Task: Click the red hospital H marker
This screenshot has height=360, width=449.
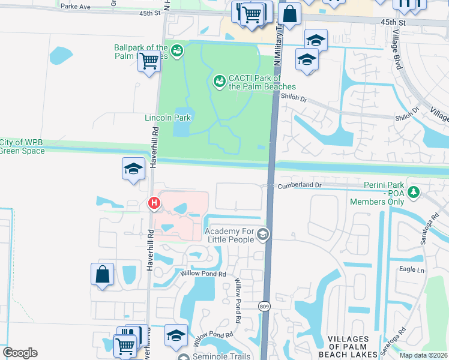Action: [154, 204]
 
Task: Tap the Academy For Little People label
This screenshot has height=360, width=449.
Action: [230, 236]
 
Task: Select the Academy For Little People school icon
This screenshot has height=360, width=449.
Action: [262, 235]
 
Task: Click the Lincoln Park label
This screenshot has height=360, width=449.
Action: [168, 118]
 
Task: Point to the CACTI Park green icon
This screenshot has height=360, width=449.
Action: [219, 80]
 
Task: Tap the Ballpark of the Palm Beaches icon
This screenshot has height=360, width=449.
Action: [176, 50]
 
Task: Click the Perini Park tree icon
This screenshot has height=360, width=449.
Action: [413, 192]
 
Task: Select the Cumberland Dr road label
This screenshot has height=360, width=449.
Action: [299, 186]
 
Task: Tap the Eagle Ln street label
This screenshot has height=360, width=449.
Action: [412, 270]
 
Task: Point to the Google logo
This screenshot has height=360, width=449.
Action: [20, 353]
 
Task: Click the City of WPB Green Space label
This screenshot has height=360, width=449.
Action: [22, 146]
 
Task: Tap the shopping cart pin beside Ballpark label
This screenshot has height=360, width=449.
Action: [149, 61]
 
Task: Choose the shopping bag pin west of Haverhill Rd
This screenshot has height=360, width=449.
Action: [103, 274]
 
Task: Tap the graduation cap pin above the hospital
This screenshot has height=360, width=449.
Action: [133, 169]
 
